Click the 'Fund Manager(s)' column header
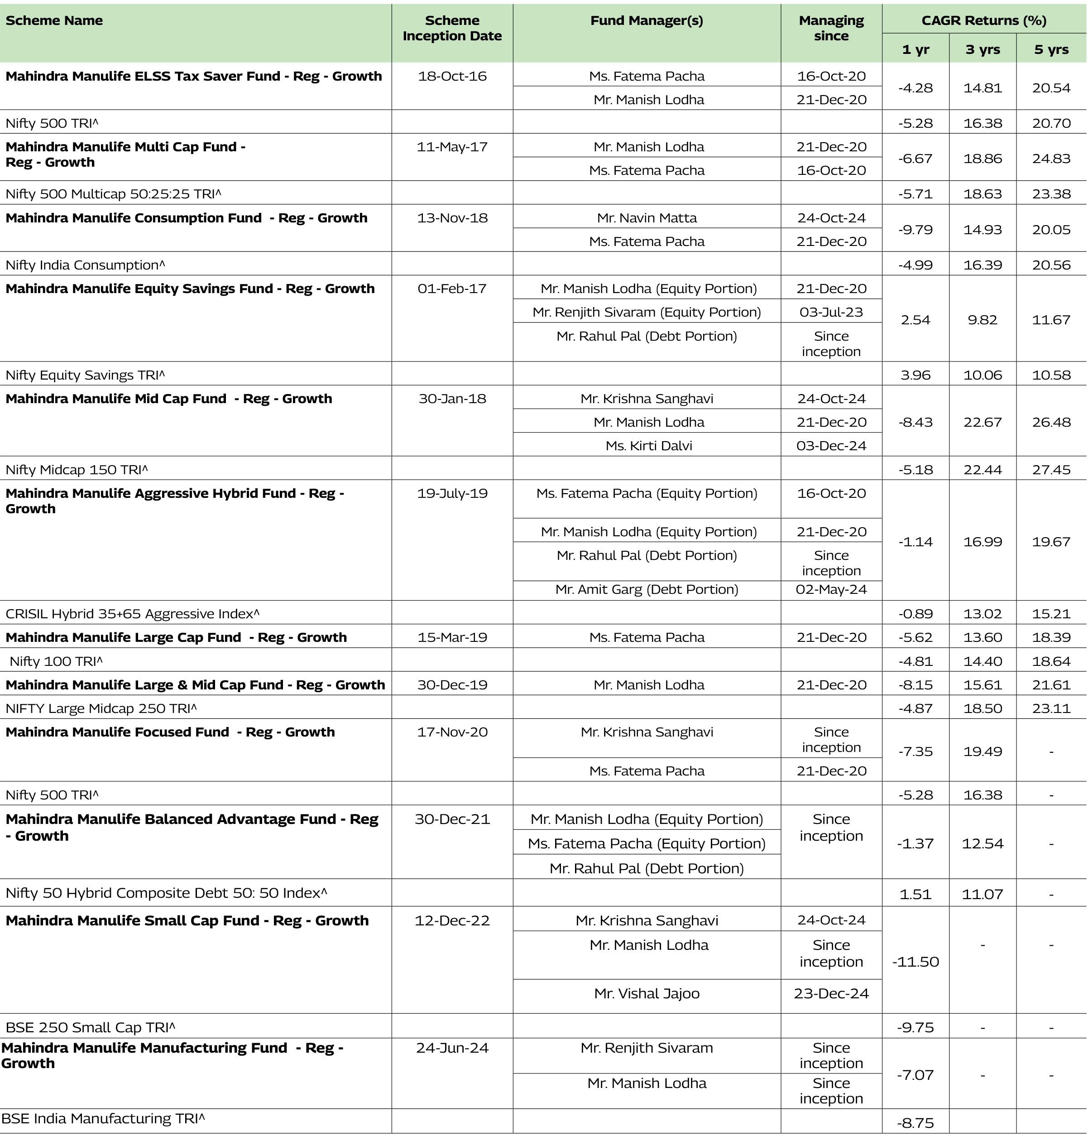coord(646,21)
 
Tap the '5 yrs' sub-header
coord(1051,49)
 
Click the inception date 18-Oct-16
coord(452,77)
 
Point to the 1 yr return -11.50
coord(915,962)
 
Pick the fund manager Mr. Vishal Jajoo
coord(647,994)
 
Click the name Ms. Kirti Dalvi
coord(648,446)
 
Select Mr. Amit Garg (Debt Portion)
coord(647,590)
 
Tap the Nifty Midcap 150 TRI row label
coord(77,470)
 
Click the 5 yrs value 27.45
coord(1051,470)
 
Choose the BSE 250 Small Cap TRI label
coord(90,1028)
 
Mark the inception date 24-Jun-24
coord(452,1048)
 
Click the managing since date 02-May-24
coord(831,590)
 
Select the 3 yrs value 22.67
coord(983,422)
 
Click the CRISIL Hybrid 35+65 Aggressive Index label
coord(132,614)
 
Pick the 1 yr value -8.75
coord(915,1123)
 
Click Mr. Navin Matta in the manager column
coord(647,218)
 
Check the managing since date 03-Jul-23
coord(831,312)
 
